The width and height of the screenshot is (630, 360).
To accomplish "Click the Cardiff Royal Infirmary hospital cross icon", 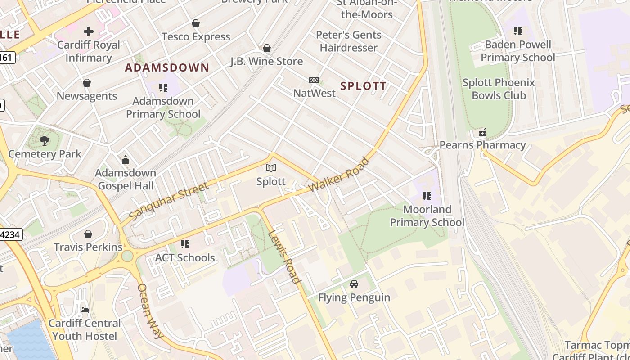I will click(89, 31).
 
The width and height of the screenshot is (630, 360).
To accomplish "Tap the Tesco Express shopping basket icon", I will click(196, 23).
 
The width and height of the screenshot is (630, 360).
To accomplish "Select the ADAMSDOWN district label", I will click(167, 68).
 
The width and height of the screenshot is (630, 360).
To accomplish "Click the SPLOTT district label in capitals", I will click(363, 86).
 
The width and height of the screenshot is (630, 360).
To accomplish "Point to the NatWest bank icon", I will click(314, 80).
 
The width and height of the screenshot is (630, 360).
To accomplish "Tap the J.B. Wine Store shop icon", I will click(267, 48).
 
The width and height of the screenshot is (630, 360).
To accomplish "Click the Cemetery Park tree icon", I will click(45, 141).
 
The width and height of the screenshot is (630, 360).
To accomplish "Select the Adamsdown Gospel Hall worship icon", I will click(126, 160).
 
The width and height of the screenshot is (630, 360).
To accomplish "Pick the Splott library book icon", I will click(271, 168).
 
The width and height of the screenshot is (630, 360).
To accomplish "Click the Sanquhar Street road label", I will click(169, 201).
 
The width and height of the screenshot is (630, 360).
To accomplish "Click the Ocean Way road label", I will click(150, 311).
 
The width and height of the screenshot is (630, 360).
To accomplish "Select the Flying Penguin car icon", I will click(354, 284).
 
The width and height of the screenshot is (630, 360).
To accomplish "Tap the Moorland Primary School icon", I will click(427, 196).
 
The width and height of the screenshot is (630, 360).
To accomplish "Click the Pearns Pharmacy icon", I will click(482, 132).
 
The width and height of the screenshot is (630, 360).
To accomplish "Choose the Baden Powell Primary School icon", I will click(518, 31).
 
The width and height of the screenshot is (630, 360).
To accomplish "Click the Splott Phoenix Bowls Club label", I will click(499, 89).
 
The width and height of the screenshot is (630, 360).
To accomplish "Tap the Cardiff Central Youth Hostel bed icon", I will click(84, 310).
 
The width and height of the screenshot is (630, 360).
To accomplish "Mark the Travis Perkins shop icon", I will click(88, 234).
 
